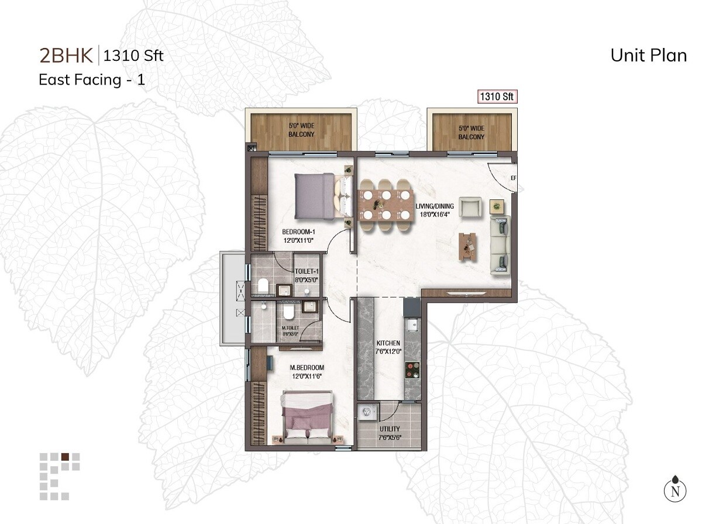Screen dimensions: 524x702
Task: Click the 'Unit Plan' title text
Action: pos(648,55)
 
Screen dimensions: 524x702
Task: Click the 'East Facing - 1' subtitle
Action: pos(92,80)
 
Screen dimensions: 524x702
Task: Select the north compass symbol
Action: pos(675,489)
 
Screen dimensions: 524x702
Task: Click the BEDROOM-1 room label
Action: pos(300,235)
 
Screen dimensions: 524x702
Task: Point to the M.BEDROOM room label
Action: pos(307,371)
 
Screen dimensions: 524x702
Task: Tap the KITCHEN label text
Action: pos(388,347)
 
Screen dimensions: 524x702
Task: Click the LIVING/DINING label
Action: pos(434,210)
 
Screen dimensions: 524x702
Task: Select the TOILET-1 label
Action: pos(307,275)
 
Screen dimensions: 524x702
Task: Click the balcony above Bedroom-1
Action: pos(301,130)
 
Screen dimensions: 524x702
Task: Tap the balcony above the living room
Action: pos(471,129)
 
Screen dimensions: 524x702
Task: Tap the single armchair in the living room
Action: pos(471,207)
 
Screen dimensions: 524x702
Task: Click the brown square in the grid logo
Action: pos(65,457)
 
